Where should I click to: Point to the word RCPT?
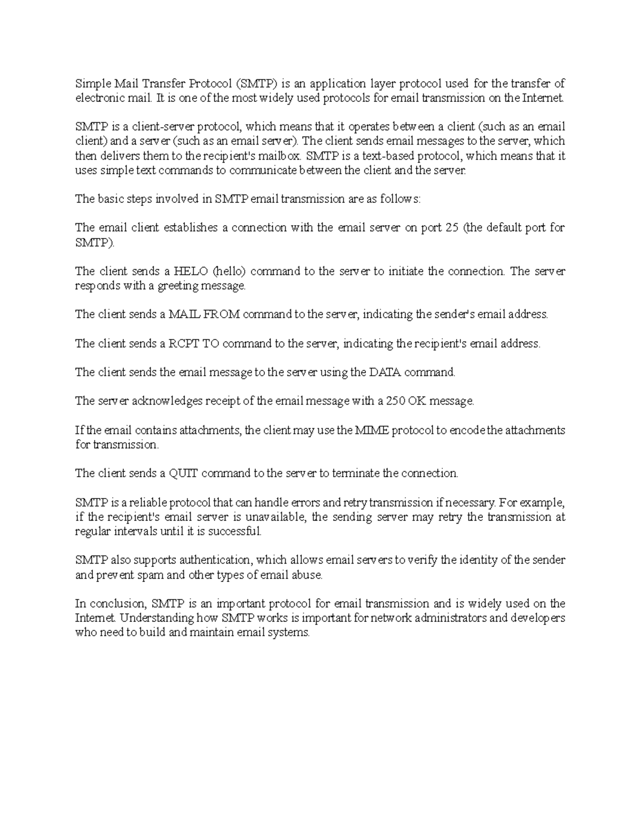(184, 344)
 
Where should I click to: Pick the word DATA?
(384, 373)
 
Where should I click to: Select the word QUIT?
(184, 473)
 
